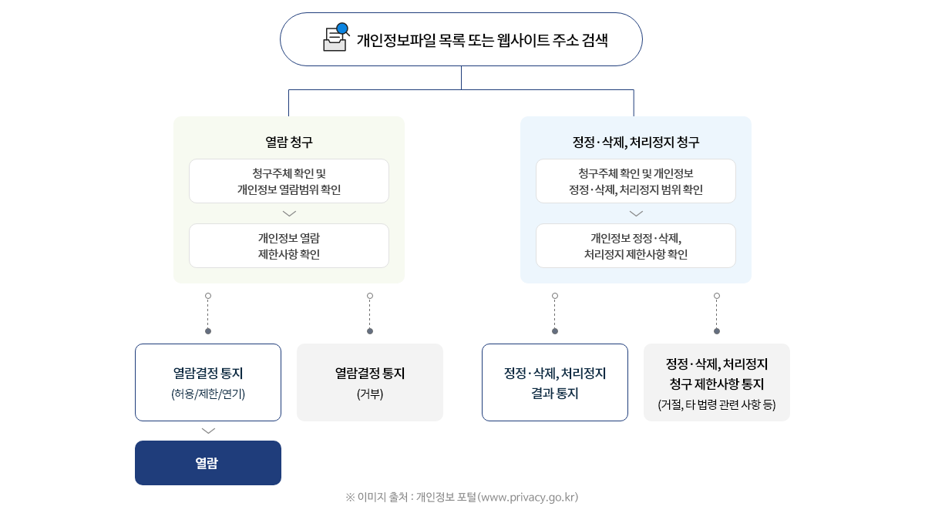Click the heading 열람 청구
(x=289, y=142)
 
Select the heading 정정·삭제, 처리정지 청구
(x=636, y=142)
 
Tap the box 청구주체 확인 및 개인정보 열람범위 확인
(x=289, y=181)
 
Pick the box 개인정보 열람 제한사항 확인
(x=289, y=246)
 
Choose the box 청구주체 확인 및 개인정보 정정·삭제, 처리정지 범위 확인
(x=636, y=181)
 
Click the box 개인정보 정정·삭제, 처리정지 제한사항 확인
(x=636, y=246)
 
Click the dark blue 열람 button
(x=208, y=463)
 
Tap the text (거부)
(x=370, y=394)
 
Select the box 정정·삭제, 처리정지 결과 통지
(x=555, y=383)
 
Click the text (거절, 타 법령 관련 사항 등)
(x=717, y=405)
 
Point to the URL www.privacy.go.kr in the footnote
(x=528, y=498)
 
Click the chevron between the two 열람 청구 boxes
(x=289, y=213)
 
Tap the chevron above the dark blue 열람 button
(x=208, y=431)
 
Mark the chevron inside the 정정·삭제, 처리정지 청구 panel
(x=636, y=213)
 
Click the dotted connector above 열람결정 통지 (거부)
(x=370, y=313)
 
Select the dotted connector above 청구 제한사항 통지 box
(x=717, y=313)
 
